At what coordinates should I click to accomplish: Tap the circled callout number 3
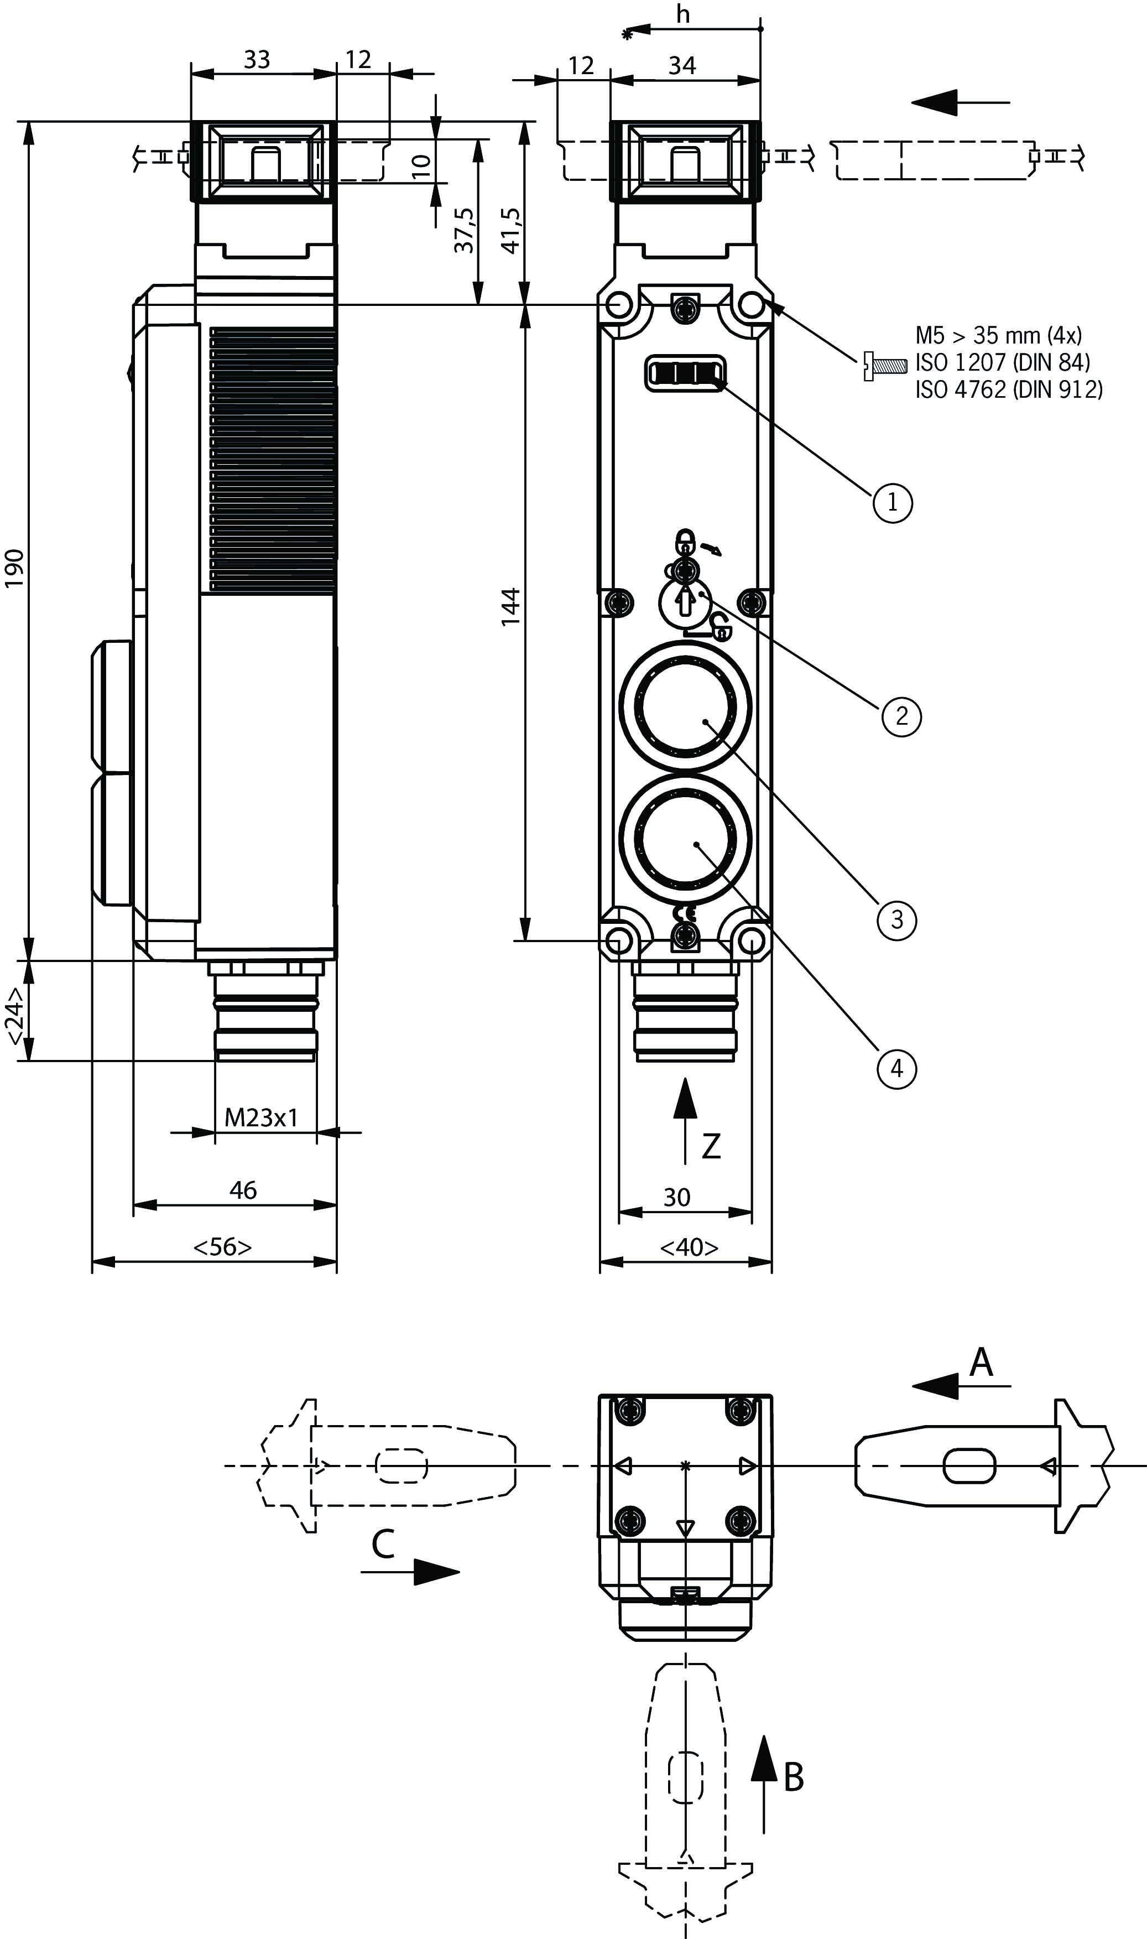point(896,919)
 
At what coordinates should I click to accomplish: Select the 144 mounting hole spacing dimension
point(511,607)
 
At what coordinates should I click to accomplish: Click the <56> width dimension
point(222,1247)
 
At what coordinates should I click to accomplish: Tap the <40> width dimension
point(689,1247)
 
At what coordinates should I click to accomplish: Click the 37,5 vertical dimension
point(465,230)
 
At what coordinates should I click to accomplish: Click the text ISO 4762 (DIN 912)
point(1009,389)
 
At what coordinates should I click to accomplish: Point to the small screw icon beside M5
point(883,363)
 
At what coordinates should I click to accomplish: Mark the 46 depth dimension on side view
point(243,1190)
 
